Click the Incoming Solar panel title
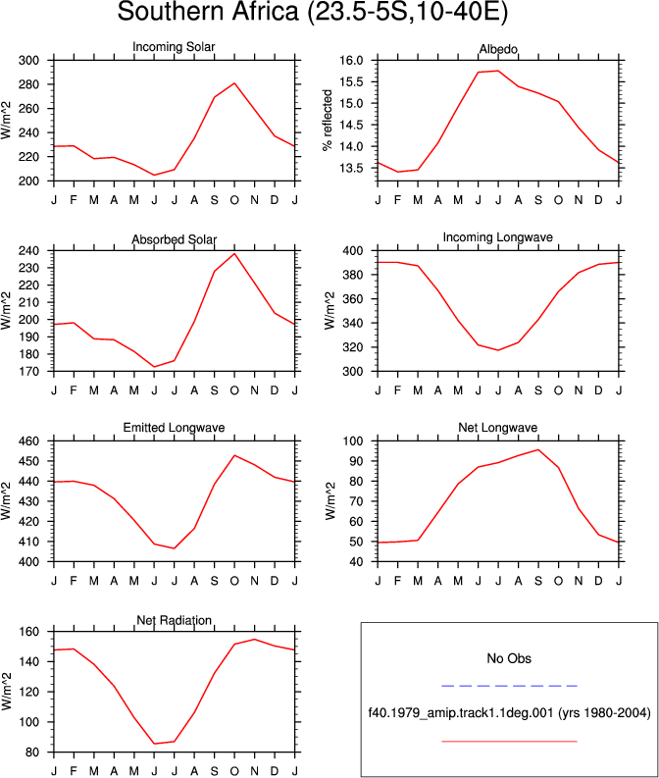[x=174, y=47]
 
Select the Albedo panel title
[x=498, y=49]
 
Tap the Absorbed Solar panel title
[x=174, y=239]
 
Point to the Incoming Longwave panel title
[x=498, y=237]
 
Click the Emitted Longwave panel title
[x=174, y=428]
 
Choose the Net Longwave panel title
[x=498, y=428]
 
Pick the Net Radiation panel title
[x=174, y=620]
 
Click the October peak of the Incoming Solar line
[x=234, y=83]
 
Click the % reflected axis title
[x=328, y=120]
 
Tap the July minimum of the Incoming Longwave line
[x=498, y=350]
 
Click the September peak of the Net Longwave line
[x=538, y=450]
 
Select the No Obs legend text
[x=509, y=658]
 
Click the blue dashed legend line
[x=509, y=686]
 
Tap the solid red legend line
[x=509, y=742]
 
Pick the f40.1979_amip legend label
[x=509, y=713]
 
